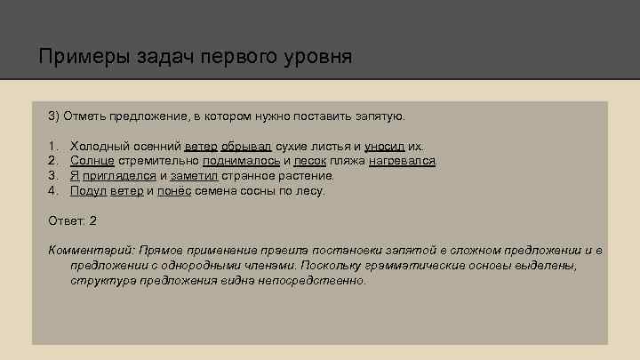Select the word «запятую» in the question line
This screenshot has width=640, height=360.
378,116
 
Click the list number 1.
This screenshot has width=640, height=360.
53,145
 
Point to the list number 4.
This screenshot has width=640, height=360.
53,190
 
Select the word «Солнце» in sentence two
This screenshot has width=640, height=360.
92,160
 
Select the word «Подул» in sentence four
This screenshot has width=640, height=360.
89,190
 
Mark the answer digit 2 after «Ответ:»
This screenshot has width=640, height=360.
93,220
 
